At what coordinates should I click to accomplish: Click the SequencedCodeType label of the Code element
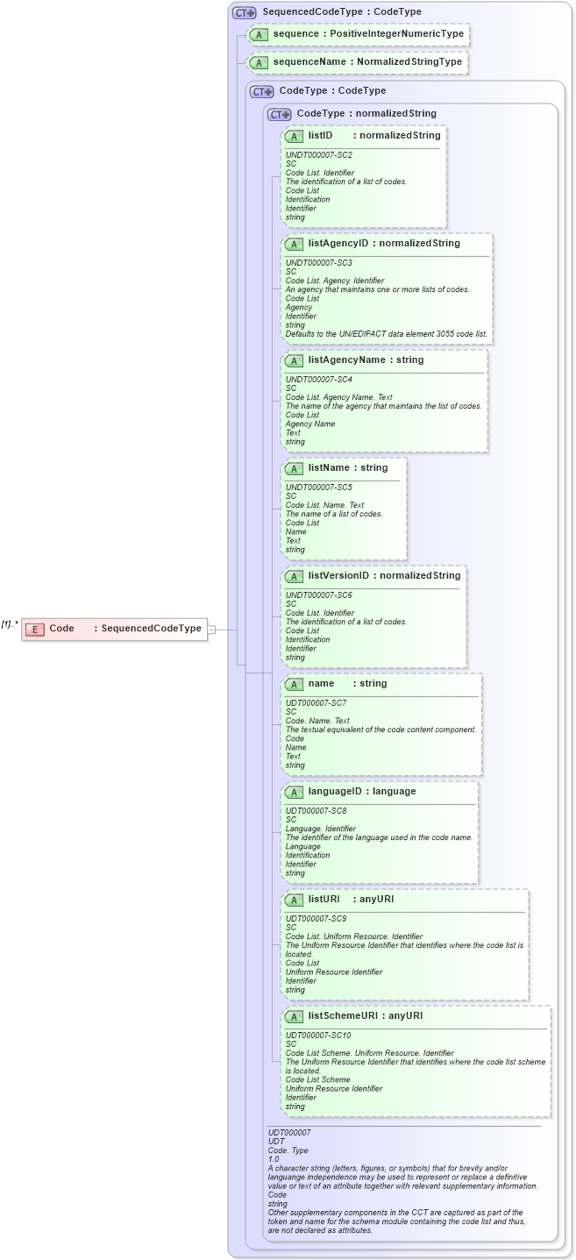pos(151,629)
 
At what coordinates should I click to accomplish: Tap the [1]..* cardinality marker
pos(10,624)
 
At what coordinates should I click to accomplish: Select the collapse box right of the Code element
pos(211,629)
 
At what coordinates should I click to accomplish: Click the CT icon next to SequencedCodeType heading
pos(244,12)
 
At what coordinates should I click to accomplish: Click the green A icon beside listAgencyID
pos(295,244)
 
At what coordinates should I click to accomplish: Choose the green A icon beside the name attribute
pos(295,684)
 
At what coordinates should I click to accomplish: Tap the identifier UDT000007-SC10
pos(318,1035)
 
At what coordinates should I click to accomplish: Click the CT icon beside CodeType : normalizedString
pos(279,114)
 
